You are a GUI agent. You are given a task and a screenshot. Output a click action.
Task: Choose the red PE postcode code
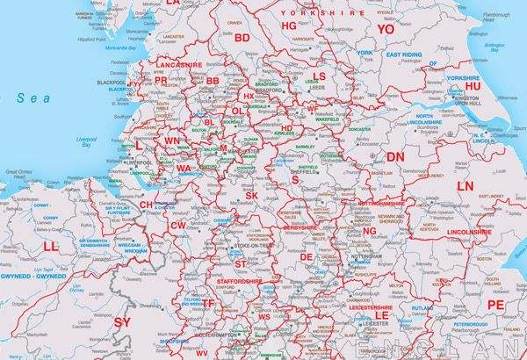[496, 304]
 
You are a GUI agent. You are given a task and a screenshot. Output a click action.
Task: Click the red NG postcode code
[369, 231]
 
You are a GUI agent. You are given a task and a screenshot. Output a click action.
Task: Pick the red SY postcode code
[123, 323]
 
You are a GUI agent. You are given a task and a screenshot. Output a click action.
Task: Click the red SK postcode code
[252, 195]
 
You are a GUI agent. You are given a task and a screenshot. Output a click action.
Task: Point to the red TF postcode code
[208, 303]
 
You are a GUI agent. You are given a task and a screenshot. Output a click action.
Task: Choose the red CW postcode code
[179, 226]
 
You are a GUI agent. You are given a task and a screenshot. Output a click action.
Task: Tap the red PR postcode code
[161, 80]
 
